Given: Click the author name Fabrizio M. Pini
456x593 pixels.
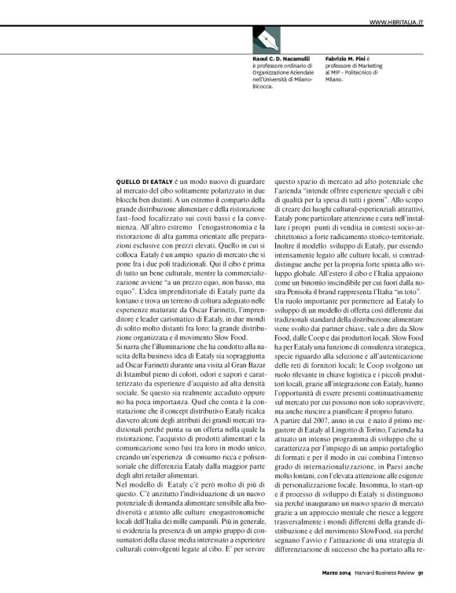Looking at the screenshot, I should tap(351, 58).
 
